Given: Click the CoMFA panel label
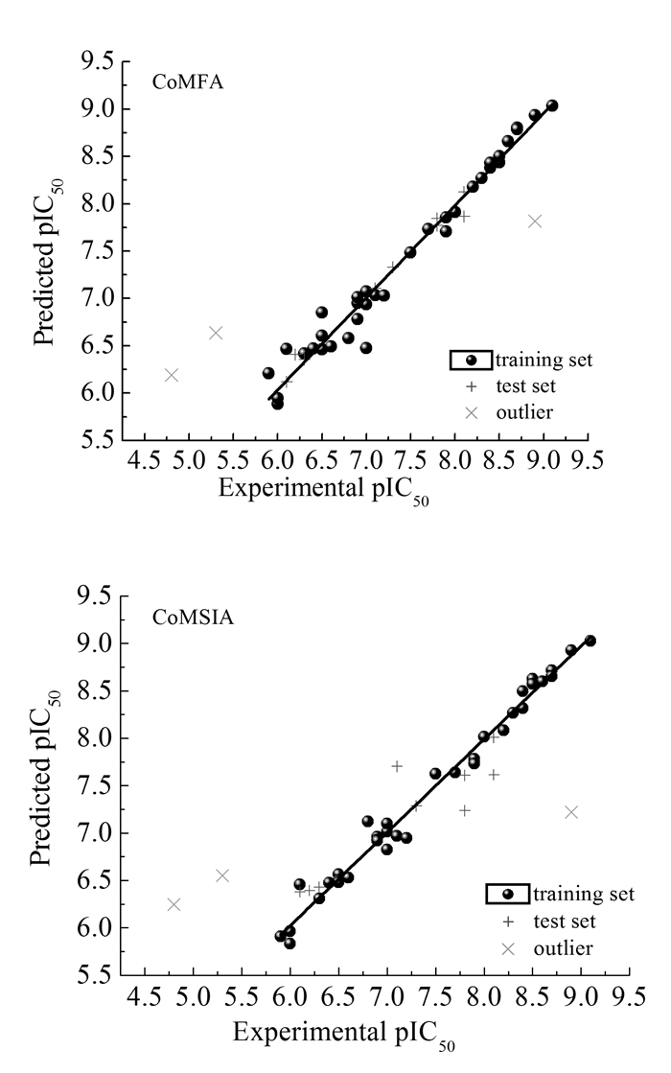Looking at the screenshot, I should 188,82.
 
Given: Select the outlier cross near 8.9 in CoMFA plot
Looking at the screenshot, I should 535,222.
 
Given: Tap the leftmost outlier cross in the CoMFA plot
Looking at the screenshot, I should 172,375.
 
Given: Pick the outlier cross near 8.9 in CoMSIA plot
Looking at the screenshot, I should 571,812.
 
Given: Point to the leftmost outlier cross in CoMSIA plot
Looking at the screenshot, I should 174,904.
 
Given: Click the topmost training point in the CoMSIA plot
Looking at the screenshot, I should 590,641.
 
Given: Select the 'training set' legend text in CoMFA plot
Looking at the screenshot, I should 544,361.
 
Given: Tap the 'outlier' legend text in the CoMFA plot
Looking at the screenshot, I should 523,412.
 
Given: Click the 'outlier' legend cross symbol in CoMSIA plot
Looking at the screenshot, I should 509,948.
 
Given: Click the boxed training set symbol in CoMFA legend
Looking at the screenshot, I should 471,361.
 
